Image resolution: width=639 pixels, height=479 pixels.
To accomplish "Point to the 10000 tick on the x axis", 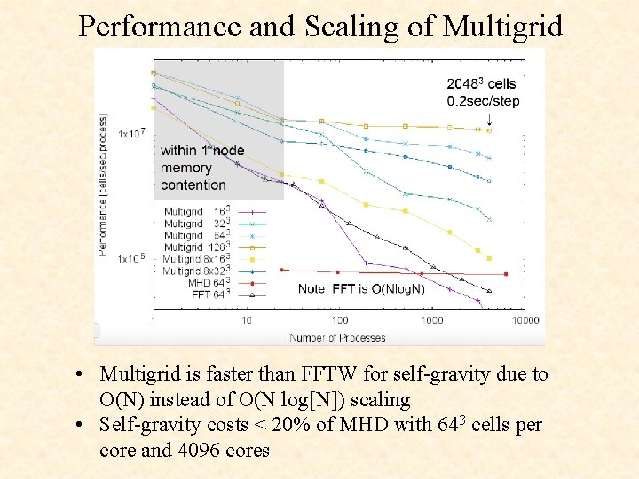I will (x=525, y=319).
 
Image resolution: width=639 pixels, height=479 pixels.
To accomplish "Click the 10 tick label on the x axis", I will (x=246, y=319).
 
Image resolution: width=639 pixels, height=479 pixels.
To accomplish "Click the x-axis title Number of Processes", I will (x=337, y=337).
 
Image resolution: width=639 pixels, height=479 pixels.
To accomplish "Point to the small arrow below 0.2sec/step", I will (x=490, y=119).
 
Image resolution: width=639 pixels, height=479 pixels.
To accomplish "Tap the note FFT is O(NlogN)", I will (x=361, y=288).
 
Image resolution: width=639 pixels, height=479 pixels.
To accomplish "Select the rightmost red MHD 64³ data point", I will (x=506, y=274).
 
